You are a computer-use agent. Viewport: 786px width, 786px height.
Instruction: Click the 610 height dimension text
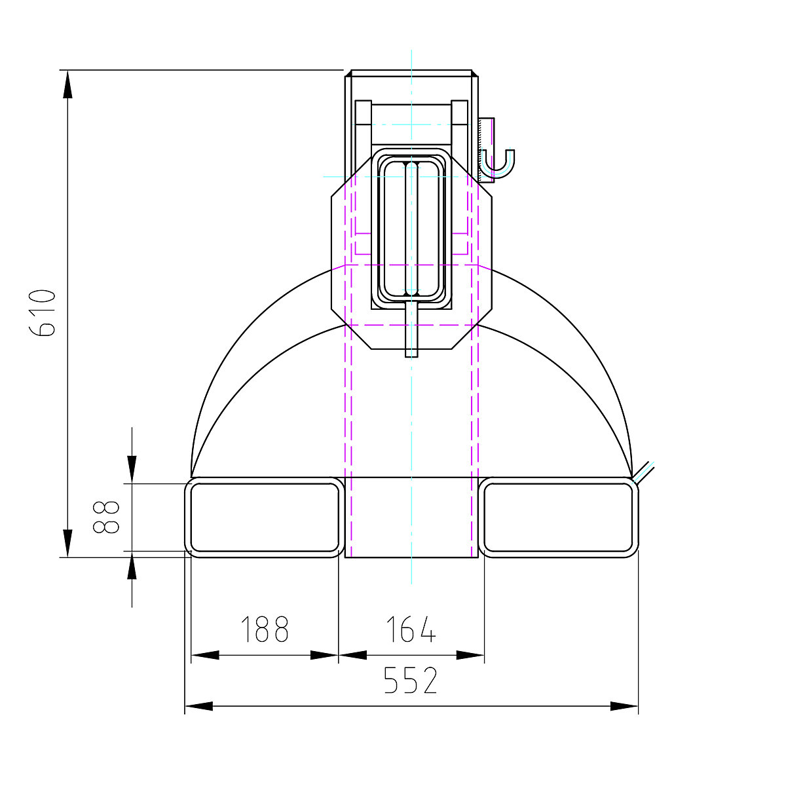click(x=44, y=312)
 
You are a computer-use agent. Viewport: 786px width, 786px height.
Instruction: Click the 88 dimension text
click(x=107, y=517)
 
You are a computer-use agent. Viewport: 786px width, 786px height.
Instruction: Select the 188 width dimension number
click(x=264, y=629)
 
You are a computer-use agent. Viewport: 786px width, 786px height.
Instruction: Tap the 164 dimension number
click(x=410, y=629)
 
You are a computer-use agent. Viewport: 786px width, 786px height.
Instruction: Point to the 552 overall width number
click(x=410, y=681)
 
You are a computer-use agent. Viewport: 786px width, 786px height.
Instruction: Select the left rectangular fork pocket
click(x=264, y=517)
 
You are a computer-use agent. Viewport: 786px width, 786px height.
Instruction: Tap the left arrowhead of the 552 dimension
click(x=199, y=706)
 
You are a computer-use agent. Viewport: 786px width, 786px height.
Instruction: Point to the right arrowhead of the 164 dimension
click(x=470, y=654)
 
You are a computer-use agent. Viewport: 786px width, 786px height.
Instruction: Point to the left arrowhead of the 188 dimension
click(x=204, y=654)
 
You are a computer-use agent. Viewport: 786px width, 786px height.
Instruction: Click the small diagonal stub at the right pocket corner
click(x=644, y=472)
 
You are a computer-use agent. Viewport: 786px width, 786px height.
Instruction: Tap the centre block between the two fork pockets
click(x=411, y=517)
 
